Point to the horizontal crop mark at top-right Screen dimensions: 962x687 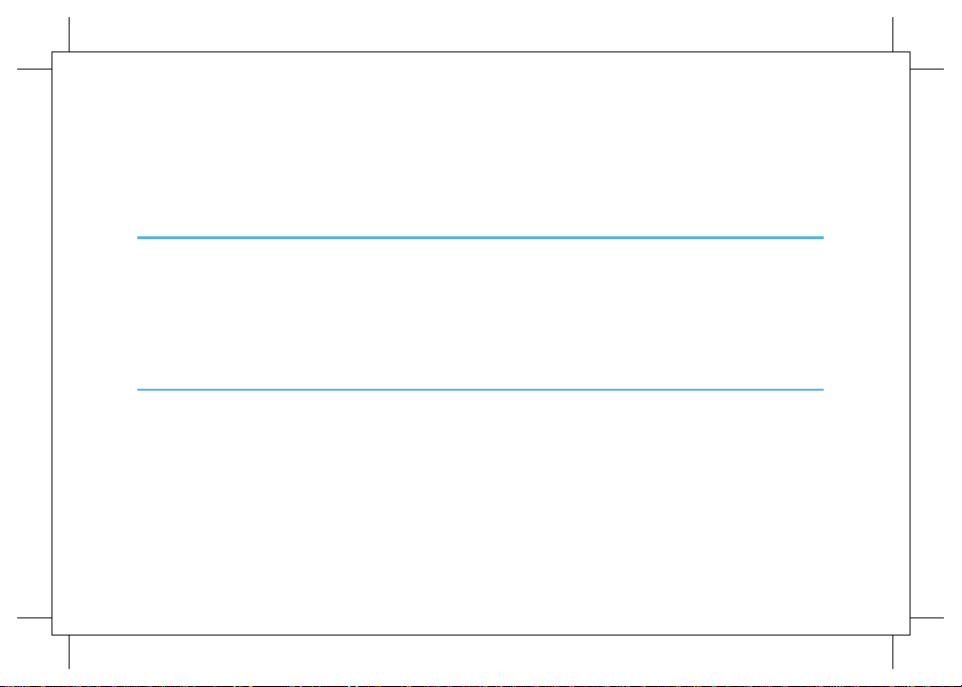coord(927,70)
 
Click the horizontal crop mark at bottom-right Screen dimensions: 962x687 coord(927,617)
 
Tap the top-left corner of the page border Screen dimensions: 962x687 coord(51,52)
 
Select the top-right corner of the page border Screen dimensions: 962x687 coord(911,52)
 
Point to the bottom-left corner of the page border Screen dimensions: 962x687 coord(51,635)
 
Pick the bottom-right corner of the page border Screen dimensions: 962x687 coord(911,635)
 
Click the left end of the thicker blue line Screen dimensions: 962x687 coord(138,237)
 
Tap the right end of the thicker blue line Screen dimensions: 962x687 coord(822,237)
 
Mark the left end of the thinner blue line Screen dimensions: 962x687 coord(138,389)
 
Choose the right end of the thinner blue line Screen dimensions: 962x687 coord(822,389)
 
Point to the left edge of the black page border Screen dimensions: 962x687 coord(51,343)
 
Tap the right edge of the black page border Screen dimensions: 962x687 coord(911,343)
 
